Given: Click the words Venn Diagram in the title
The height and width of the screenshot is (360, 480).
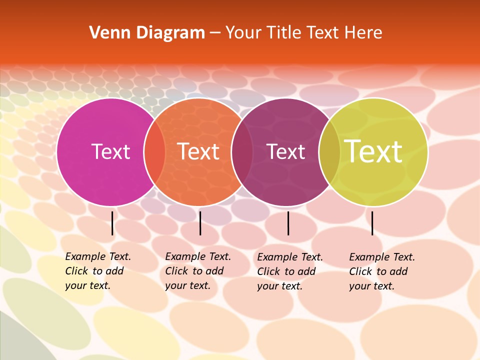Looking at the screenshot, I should [147, 33].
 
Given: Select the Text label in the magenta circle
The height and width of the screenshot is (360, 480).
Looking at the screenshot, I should [110, 151].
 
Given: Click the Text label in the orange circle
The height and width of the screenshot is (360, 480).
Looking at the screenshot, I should [198, 151].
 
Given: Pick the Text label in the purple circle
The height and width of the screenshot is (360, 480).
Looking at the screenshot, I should [285, 151].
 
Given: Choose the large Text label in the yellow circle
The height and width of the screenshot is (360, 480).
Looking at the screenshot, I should [373, 151].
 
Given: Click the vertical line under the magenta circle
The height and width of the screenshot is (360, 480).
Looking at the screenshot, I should [112, 223].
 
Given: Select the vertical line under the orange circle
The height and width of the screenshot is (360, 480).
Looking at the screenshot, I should [200, 223].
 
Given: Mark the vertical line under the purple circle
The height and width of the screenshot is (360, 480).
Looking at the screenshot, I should [288, 223].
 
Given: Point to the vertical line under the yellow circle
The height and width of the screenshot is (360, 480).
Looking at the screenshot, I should [372, 223].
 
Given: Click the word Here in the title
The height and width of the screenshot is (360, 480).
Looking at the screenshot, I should [363, 33].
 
